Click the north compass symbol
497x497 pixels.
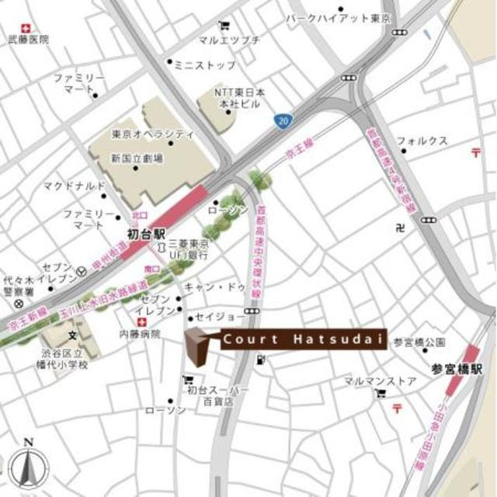[x=30, y=467]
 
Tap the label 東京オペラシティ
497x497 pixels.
[x=152, y=134]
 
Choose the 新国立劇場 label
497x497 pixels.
[x=137, y=158]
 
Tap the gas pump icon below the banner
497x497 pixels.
[x=262, y=360]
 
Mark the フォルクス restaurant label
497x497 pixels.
[x=422, y=141]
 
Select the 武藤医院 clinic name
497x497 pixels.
[x=29, y=38]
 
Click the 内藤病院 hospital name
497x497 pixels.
[x=140, y=334]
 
